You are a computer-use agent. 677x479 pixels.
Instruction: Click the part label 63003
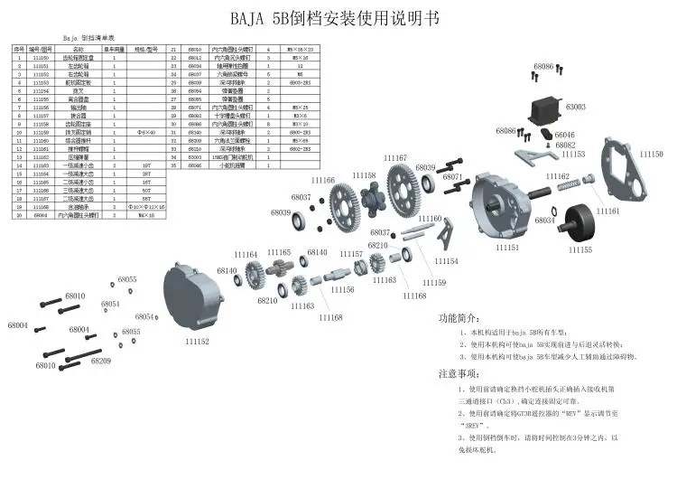click(575, 107)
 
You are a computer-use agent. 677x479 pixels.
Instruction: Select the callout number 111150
click(651, 155)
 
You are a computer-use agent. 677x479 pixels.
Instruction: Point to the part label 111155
click(579, 249)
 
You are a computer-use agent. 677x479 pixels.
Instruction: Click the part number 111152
click(197, 342)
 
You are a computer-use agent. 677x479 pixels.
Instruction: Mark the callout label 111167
click(394, 158)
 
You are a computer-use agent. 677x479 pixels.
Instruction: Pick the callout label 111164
click(245, 254)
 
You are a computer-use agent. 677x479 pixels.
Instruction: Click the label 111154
click(446, 261)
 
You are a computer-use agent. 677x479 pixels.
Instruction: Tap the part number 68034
click(545, 220)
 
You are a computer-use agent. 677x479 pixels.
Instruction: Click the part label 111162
click(557, 176)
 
